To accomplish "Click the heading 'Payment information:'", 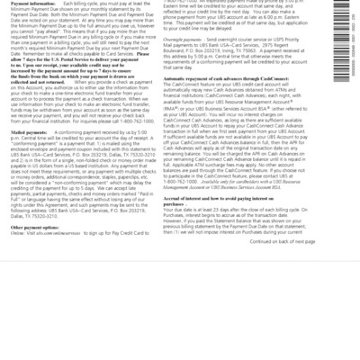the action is (30, 3).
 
